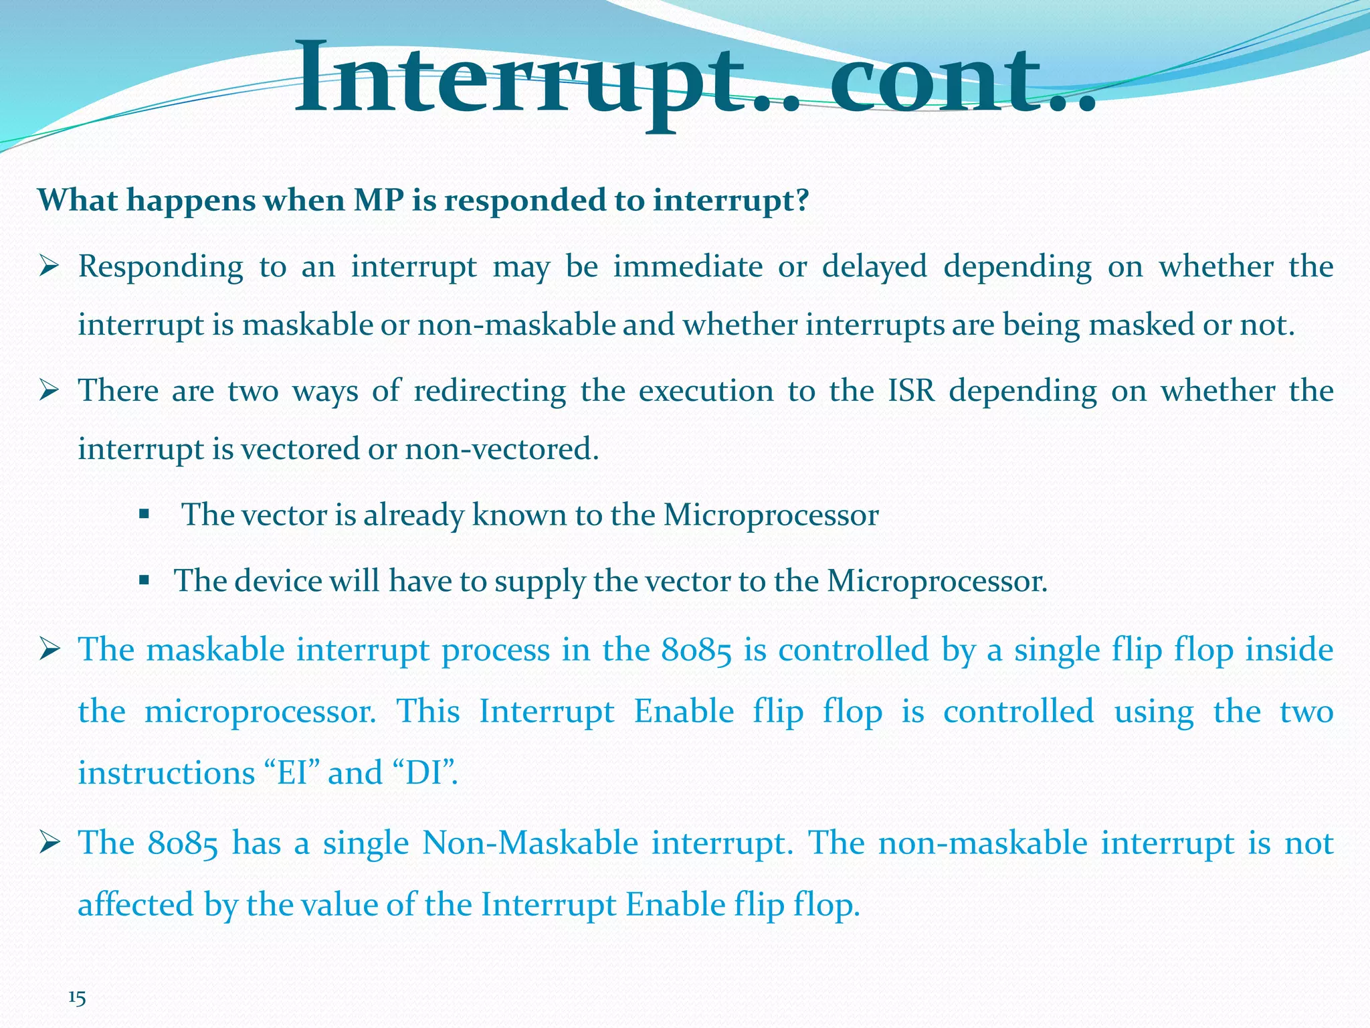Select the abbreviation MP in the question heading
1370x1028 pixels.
(379, 200)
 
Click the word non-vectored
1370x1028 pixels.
(501, 448)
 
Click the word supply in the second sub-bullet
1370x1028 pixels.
(539, 582)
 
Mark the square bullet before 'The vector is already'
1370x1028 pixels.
(143, 514)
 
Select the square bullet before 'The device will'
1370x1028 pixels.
(143, 580)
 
